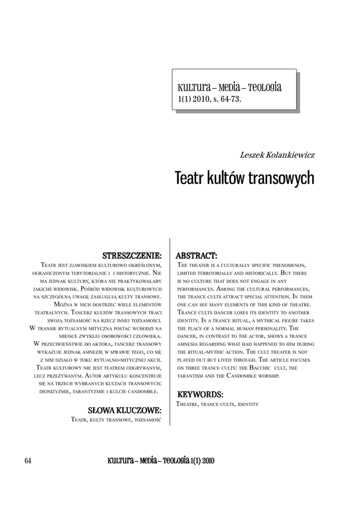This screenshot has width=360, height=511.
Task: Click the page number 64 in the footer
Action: [x=28, y=461]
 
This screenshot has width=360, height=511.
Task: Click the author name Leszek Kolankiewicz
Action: [x=277, y=155]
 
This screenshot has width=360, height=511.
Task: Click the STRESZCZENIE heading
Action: [x=131, y=255]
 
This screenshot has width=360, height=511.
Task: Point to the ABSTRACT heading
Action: [x=196, y=255]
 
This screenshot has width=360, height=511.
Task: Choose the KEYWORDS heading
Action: [x=200, y=395]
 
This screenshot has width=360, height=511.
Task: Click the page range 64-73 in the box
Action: [x=229, y=99]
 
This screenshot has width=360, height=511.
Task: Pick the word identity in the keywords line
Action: [x=247, y=404]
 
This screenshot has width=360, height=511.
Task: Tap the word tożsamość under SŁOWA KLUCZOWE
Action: [x=147, y=420]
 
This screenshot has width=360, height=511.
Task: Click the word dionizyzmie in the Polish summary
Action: [x=57, y=392]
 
